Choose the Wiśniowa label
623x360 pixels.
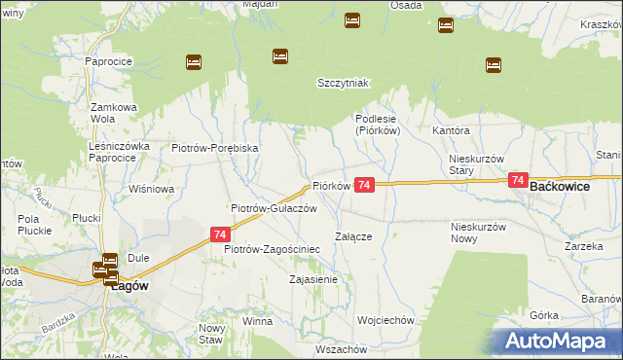coord(149,189)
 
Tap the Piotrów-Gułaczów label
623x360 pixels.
coord(274,208)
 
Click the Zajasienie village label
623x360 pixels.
coord(313,279)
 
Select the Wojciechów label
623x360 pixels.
coord(386,320)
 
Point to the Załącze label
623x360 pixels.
coord(354,235)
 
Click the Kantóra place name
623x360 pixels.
coord(452,130)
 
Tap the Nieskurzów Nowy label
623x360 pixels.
coord(478,233)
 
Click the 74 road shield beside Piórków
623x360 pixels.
coord(364,185)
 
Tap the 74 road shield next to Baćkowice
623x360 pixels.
coord(517,181)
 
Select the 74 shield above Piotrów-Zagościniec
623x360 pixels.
coord(220,234)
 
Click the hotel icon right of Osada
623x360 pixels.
coord(446,25)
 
